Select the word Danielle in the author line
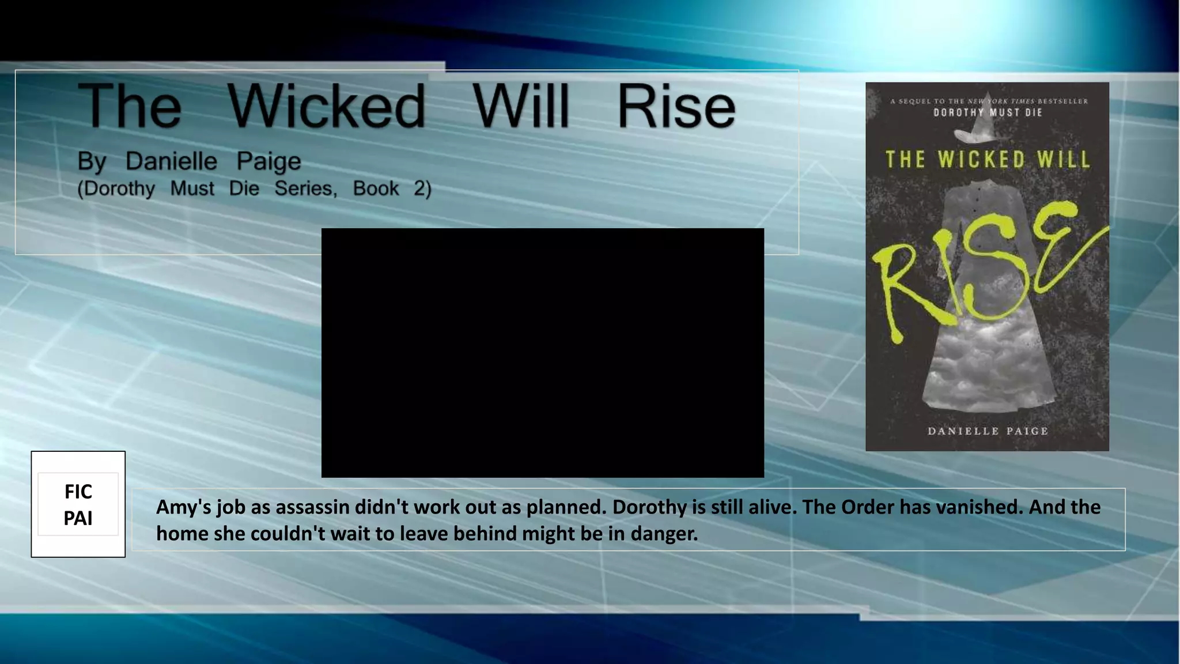[171, 161]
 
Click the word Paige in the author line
[268, 162]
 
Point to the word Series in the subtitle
[305, 188]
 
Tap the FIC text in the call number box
[78, 492]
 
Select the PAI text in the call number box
[78, 518]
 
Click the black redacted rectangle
[542, 352]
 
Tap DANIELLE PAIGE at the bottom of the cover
[988, 431]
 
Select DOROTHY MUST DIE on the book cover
[988, 112]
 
